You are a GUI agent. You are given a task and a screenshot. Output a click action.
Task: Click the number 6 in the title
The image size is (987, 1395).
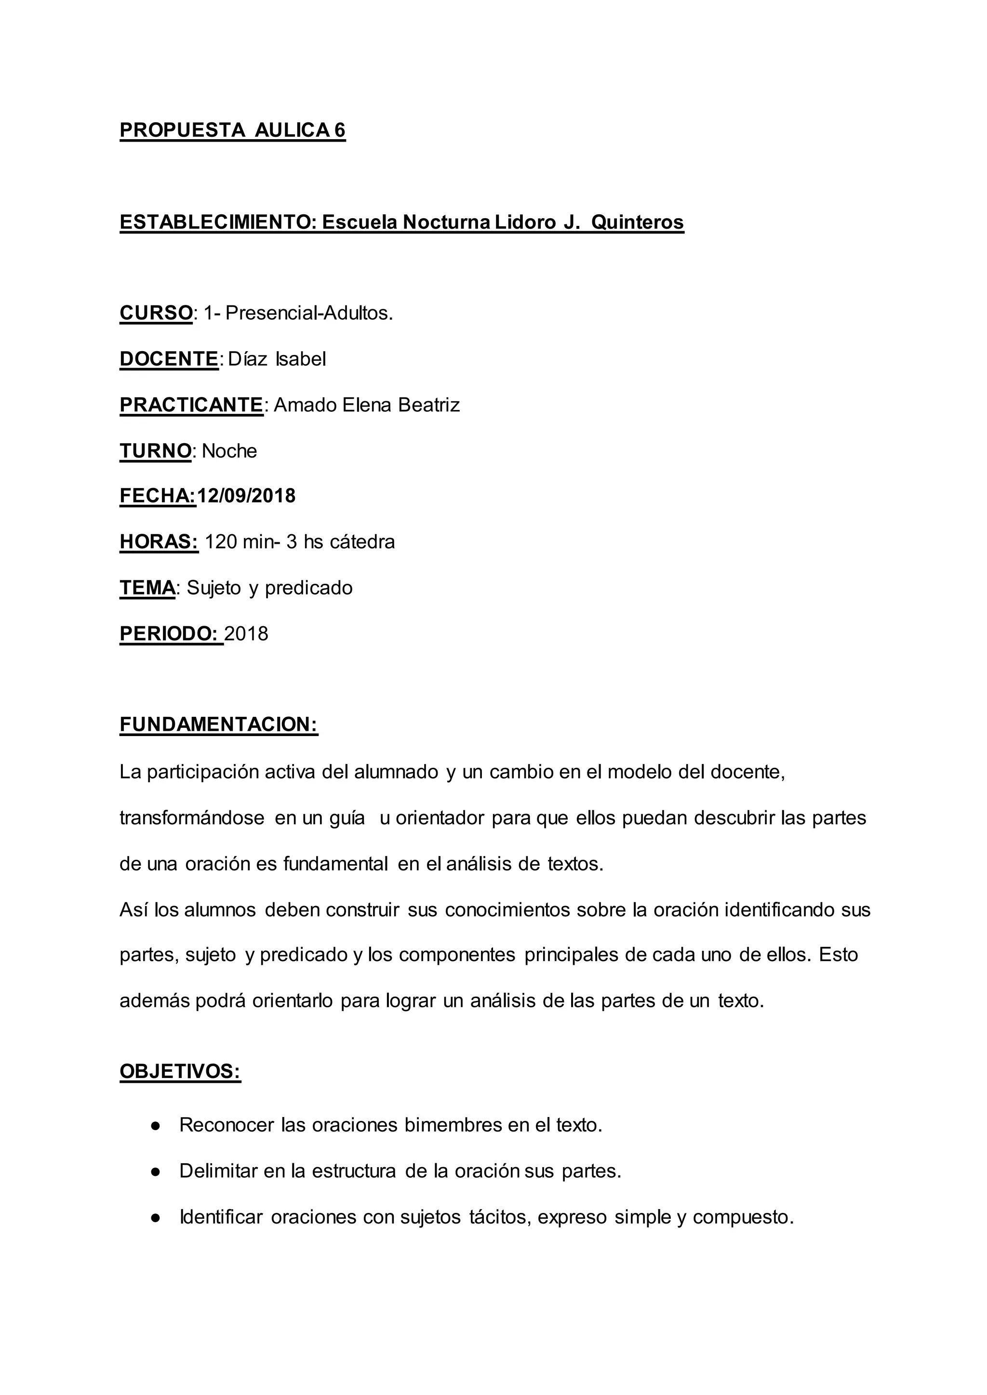pos(340,130)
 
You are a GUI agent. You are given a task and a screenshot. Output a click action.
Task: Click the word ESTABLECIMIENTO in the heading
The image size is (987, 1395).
pos(215,223)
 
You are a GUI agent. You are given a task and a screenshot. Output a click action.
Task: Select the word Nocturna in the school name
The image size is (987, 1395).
pos(446,223)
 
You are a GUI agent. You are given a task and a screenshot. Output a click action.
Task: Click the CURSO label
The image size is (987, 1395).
pos(156,313)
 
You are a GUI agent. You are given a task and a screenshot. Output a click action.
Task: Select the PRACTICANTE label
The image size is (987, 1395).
pos(191,405)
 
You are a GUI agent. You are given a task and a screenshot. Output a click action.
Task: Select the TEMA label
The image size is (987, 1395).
pos(147,588)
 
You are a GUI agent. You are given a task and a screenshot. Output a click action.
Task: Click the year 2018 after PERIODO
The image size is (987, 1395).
pos(246,634)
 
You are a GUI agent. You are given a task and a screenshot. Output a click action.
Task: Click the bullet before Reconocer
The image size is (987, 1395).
pos(156,1126)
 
